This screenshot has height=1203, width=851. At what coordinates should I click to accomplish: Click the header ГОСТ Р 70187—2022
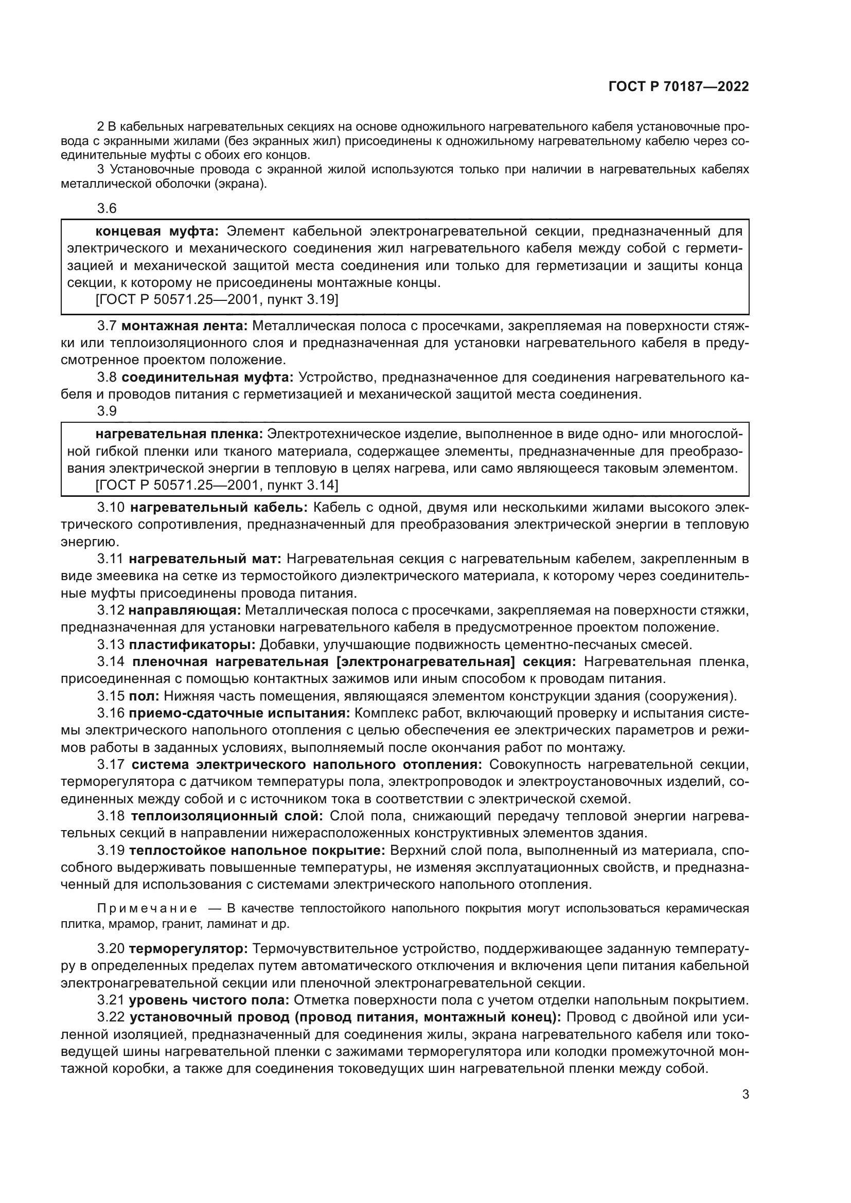678,87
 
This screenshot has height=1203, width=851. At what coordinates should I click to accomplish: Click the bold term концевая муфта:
157,231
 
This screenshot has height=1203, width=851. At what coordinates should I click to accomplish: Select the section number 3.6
107,208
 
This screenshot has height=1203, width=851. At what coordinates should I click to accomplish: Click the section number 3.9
107,411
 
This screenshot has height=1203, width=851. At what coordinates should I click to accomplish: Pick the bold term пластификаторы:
192,644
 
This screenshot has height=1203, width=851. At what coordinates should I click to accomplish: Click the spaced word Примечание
148,908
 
